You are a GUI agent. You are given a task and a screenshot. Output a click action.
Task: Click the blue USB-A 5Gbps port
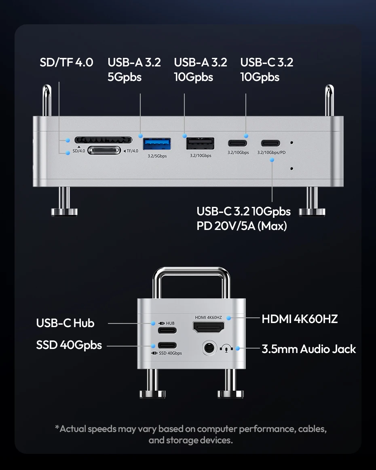[x=157, y=144]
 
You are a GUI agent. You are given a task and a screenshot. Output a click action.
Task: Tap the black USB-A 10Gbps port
[x=200, y=144]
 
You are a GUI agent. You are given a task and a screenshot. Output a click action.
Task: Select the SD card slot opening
[x=104, y=140]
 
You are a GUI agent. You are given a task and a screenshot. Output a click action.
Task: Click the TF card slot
[x=104, y=151]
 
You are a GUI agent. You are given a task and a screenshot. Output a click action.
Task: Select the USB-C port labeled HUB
[x=167, y=330]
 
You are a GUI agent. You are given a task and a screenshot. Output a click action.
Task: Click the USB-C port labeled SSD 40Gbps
[x=167, y=345]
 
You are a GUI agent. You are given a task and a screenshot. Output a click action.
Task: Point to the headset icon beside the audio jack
[x=226, y=348]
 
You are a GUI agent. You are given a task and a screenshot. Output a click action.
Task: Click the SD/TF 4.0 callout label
[x=66, y=62]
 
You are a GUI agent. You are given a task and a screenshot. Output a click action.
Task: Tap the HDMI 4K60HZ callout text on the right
[x=300, y=319]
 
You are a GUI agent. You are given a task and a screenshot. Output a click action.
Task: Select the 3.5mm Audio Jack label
[x=309, y=349]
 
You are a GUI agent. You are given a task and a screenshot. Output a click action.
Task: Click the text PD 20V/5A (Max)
[x=242, y=226]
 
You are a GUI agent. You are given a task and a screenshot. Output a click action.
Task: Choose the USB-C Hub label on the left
[x=65, y=323]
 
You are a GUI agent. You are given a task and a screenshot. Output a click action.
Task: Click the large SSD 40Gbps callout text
[x=69, y=345]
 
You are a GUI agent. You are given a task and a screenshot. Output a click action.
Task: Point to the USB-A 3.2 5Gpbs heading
[x=134, y=69]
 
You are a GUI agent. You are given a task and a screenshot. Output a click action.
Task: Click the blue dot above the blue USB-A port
[x=141, y=136]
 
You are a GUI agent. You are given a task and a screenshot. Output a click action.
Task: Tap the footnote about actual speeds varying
[x=190, y=434]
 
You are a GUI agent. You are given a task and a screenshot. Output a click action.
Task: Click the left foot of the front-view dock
[x=64, y=211]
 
